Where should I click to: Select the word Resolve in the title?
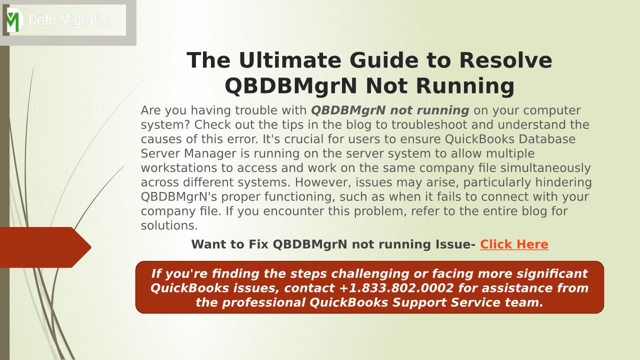pyautogui.click(x=505, y=60)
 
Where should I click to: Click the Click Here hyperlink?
pyautogui.click(x=514, y=244)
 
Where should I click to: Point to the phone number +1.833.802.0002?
pyautogui.click(x=396, y=288)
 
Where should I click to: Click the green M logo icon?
pyautogui.click(x=14, y=20)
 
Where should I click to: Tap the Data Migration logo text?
pyautogui.click(x=71, y=20)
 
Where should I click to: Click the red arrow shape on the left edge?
pyautogui.click(x=45, y=247)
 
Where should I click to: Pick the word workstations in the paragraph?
pyautogui.click(x=179, y=168)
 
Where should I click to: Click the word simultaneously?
pyautogui.click(x=545, y=168)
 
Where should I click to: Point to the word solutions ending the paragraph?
pyautogui.click(x=169, y=225)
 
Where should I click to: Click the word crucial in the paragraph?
pyautogui.click(x=303, y=139)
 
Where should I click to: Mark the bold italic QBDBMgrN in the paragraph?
pyautogui.click(x=348, y=110)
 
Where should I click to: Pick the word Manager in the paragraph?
pyautogui.click(x=210, y=153)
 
